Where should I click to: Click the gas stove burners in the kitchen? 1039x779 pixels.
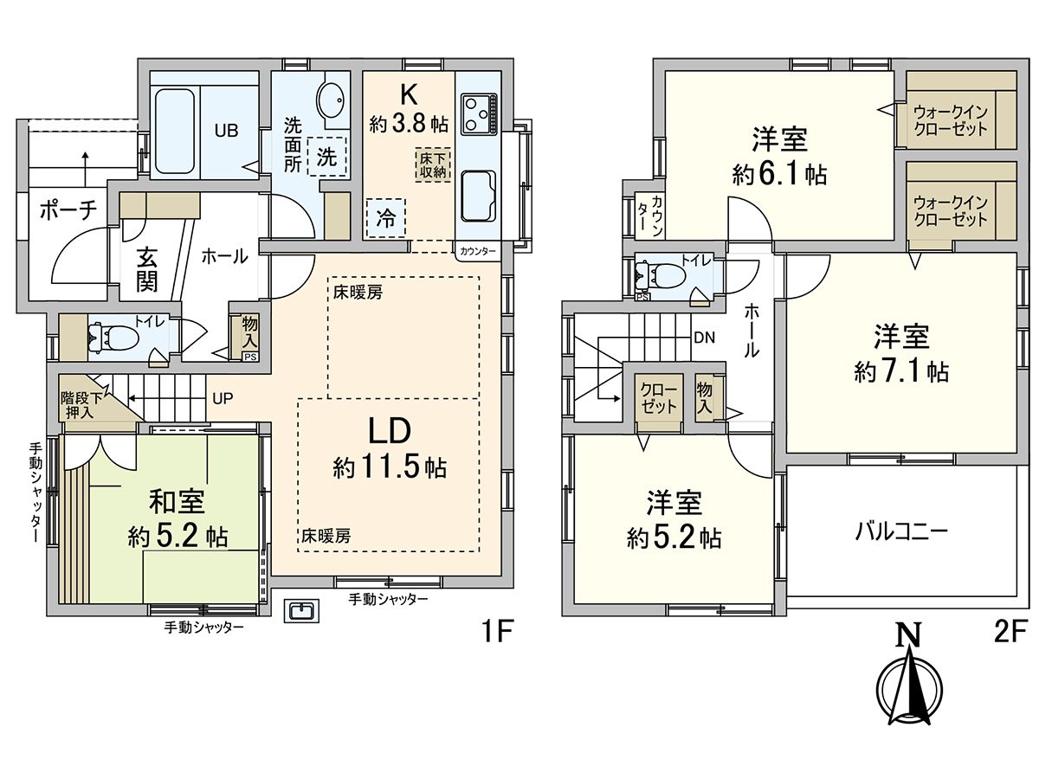click(x=478, y=113)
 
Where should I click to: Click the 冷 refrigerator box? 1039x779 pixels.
click(x=385, y=218)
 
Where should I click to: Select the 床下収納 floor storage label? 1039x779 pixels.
click(x=430, y=164)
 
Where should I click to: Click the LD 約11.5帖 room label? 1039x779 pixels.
click(x=390, y=450)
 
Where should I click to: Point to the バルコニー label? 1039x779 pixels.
click(x=903, y=530)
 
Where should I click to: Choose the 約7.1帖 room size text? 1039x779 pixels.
click(x=900, y=372)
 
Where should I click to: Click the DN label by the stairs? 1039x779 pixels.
click(x=703, y=338)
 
